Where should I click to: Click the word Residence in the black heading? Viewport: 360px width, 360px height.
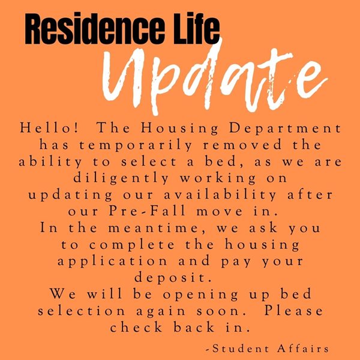95,28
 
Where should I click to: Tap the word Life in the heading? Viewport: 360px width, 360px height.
196,28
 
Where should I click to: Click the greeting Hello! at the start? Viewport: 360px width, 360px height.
49,128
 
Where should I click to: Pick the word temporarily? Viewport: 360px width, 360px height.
136,146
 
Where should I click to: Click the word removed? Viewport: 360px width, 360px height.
242,145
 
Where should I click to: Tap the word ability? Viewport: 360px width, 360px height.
50,162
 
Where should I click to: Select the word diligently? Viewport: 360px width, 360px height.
121,179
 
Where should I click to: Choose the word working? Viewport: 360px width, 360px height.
218,179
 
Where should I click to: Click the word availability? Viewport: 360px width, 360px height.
220,196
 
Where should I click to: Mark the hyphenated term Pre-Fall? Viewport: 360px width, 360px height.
147,211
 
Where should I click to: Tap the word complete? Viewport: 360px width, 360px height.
131,245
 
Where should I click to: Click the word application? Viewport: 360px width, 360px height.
113,262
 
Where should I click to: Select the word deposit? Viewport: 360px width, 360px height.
173,278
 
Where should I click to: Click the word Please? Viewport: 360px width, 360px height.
293,311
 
